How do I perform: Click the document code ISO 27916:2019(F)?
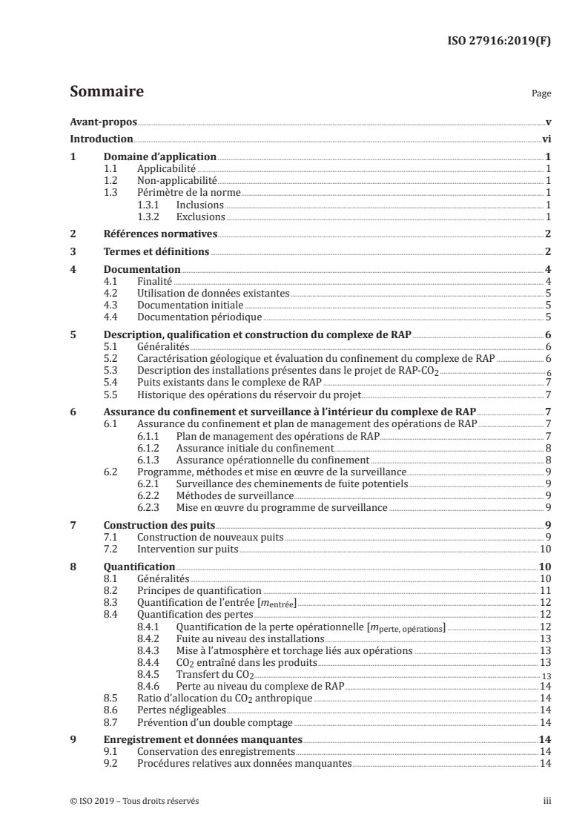pyautogui.click(x=501, y=44)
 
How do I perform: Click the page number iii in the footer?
pyautogui.click(x=546, y=801)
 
